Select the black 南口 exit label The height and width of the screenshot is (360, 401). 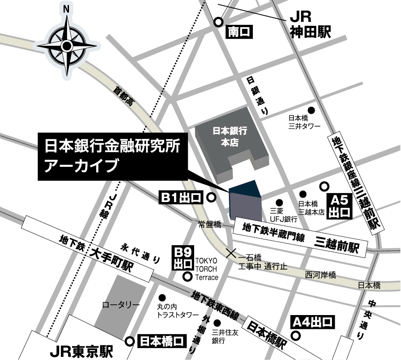pyautogui.click(x=240, y=32)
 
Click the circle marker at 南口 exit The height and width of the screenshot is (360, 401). pyautogui.click(x=219, y=22)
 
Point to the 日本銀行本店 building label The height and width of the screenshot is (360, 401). pyautogui.click(x=229, y=137)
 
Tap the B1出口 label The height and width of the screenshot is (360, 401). pyautogui.click(x=182, y=197)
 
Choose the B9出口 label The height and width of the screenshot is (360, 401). pyautogui.click(x=183, y=258)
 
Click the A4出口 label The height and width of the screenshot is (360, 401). pyautogui.click(x=312, y=321)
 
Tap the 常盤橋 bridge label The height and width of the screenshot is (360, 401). pyautogui.click(x=210, y=225)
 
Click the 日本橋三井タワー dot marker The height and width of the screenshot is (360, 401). pyautogui.click(x=312, y=110)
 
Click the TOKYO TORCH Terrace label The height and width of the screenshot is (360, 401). pyautogui.click(x=207, y=268)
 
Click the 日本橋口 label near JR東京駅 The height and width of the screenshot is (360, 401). pyautogui.click(x=161, y=341)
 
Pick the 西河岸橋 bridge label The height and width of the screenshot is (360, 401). pyautogui.click(x=320, y=275)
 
